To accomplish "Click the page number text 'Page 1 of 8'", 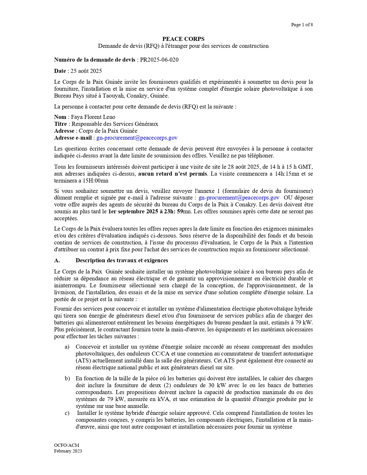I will point(302,25).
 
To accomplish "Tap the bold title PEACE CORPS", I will point(183,39).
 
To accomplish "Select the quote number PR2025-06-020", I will point(159,60).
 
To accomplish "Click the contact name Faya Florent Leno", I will point(93,117).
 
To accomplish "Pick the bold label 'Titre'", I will point(60,124).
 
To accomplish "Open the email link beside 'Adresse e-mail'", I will point(137,138).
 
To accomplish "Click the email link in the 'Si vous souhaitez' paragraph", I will point(239,197).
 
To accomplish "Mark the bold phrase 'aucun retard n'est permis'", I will point(172,174).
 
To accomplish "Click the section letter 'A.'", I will point(57,260).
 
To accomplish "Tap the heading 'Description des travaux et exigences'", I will point(122,260).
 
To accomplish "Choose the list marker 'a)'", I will point(67,347).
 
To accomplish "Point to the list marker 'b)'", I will point(67,378).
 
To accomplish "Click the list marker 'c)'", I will point(67,413).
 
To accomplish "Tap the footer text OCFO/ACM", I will point(66,445).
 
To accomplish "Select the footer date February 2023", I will point(68,451).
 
